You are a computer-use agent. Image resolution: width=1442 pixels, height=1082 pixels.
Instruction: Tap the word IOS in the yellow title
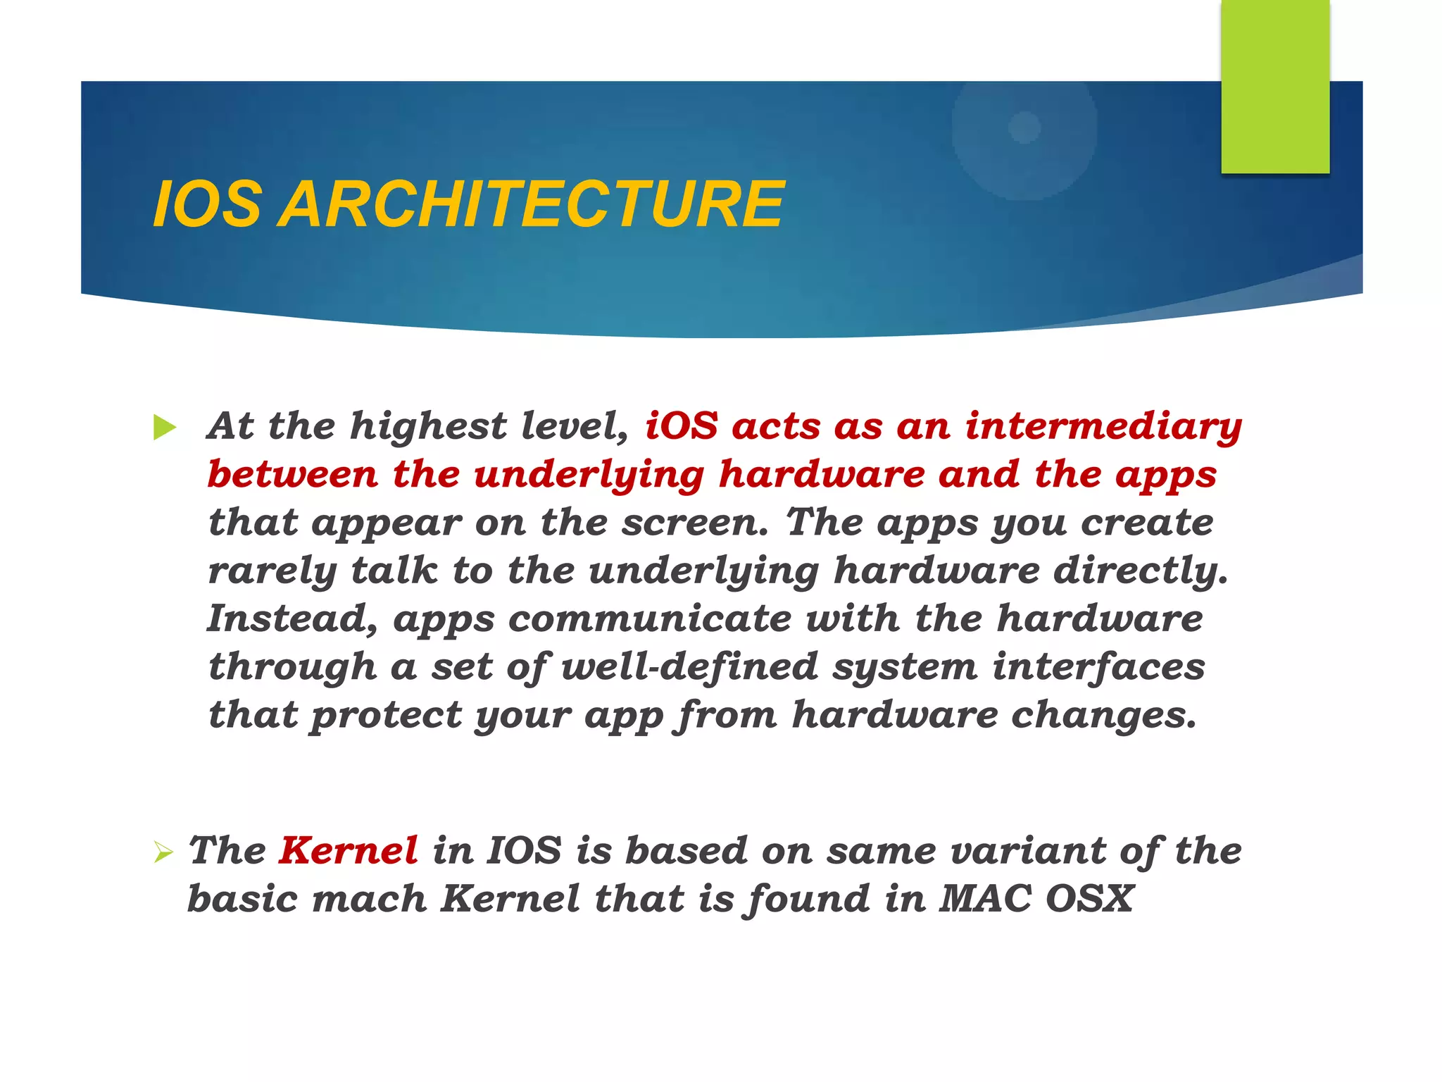(207, 204)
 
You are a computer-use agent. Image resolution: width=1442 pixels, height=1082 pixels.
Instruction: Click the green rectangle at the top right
(1275, 86)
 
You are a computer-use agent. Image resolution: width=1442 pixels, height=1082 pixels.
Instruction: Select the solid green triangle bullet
(164, 428)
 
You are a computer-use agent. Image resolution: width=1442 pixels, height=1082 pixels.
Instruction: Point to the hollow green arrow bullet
(163, 854)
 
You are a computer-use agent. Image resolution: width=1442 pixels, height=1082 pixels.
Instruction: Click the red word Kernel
(349, 850)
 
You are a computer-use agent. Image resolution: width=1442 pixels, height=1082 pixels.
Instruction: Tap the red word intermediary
(1103, 427)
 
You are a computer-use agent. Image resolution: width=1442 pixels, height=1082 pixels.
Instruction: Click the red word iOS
(681, 427)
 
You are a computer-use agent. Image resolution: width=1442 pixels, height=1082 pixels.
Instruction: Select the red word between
(293, 474)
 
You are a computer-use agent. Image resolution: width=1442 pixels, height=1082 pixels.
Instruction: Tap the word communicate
(649, 619)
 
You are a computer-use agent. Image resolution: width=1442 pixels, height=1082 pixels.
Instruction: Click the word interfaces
(1098, 667)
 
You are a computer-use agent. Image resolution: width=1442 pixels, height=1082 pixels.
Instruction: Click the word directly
(1141, 571)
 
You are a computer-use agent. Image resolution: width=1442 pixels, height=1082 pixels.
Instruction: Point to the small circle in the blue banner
(1024, 128)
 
